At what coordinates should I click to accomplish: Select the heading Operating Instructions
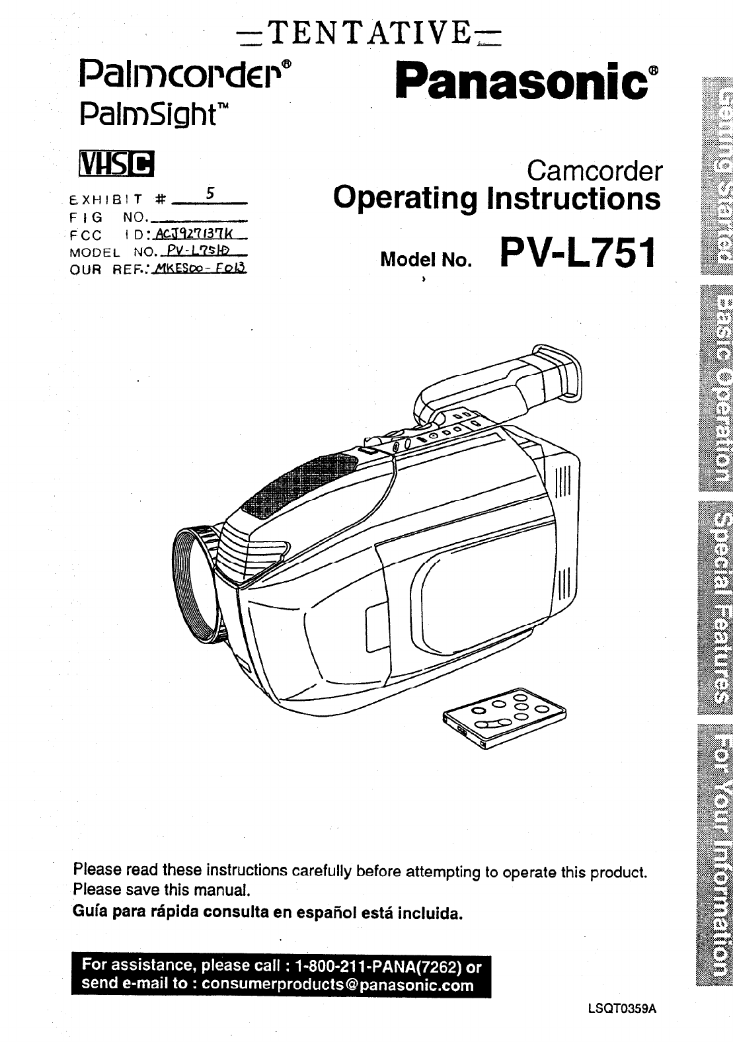point(496,198)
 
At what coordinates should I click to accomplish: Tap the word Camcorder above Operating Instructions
point(594,172)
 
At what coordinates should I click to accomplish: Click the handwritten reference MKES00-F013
point(198,268)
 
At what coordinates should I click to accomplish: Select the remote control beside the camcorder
point(506,717)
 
